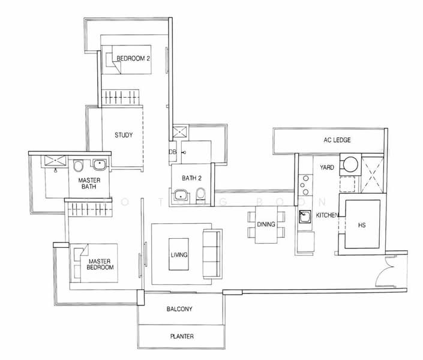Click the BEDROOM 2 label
(x=133, y=58)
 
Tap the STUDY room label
(x=124, y=135)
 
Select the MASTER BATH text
(x=89, y=183)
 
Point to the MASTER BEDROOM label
(x=101, y=264)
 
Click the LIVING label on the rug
(x=179, y=255)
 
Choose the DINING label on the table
(x=266, y=224)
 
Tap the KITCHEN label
(x=328, y=215)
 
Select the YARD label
(x=326, y=167)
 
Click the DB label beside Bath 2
(x=172, y=152)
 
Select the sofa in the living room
(x=212, y=254)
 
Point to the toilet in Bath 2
(x=201, y=194)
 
